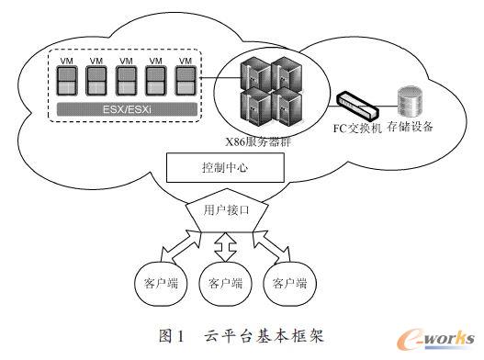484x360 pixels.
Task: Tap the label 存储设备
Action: pyautogui.click(x=407, y=126)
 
